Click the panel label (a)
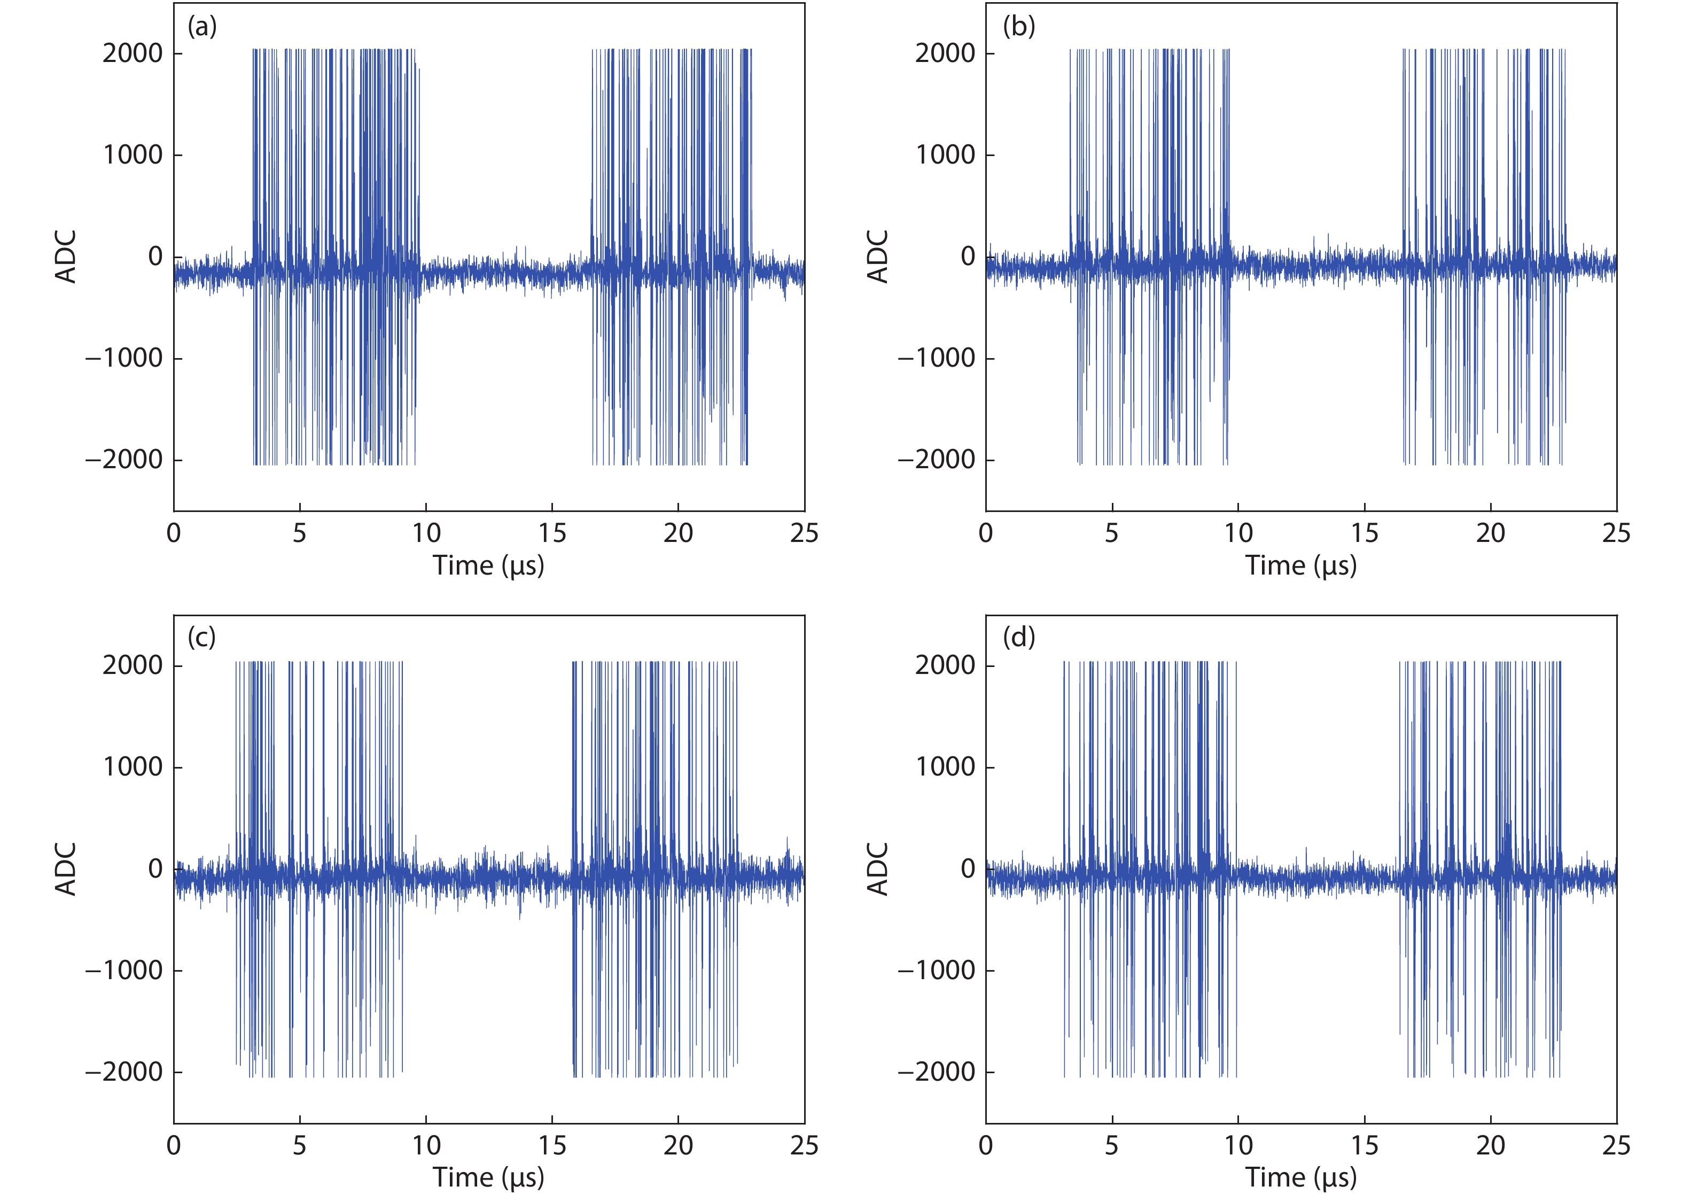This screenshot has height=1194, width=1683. coord(202,27)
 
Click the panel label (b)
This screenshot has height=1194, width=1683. coord(1019,27)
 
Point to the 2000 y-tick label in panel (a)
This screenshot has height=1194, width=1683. coord(133,53)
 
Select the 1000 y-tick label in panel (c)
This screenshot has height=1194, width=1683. coord(133,767)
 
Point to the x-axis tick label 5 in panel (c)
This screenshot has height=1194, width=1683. coord(299,1145)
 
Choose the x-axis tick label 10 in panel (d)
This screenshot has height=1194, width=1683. coord(1238,1145)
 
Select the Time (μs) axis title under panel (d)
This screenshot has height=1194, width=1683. coord(1301,1177)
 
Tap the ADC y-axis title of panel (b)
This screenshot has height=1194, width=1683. coord(878,257)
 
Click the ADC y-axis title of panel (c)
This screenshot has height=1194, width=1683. coord(66,869)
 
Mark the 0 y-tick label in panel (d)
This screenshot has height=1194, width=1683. coord(968,869)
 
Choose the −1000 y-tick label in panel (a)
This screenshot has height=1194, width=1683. coord(123,359)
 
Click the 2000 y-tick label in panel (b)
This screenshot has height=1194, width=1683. coord(945,53)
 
